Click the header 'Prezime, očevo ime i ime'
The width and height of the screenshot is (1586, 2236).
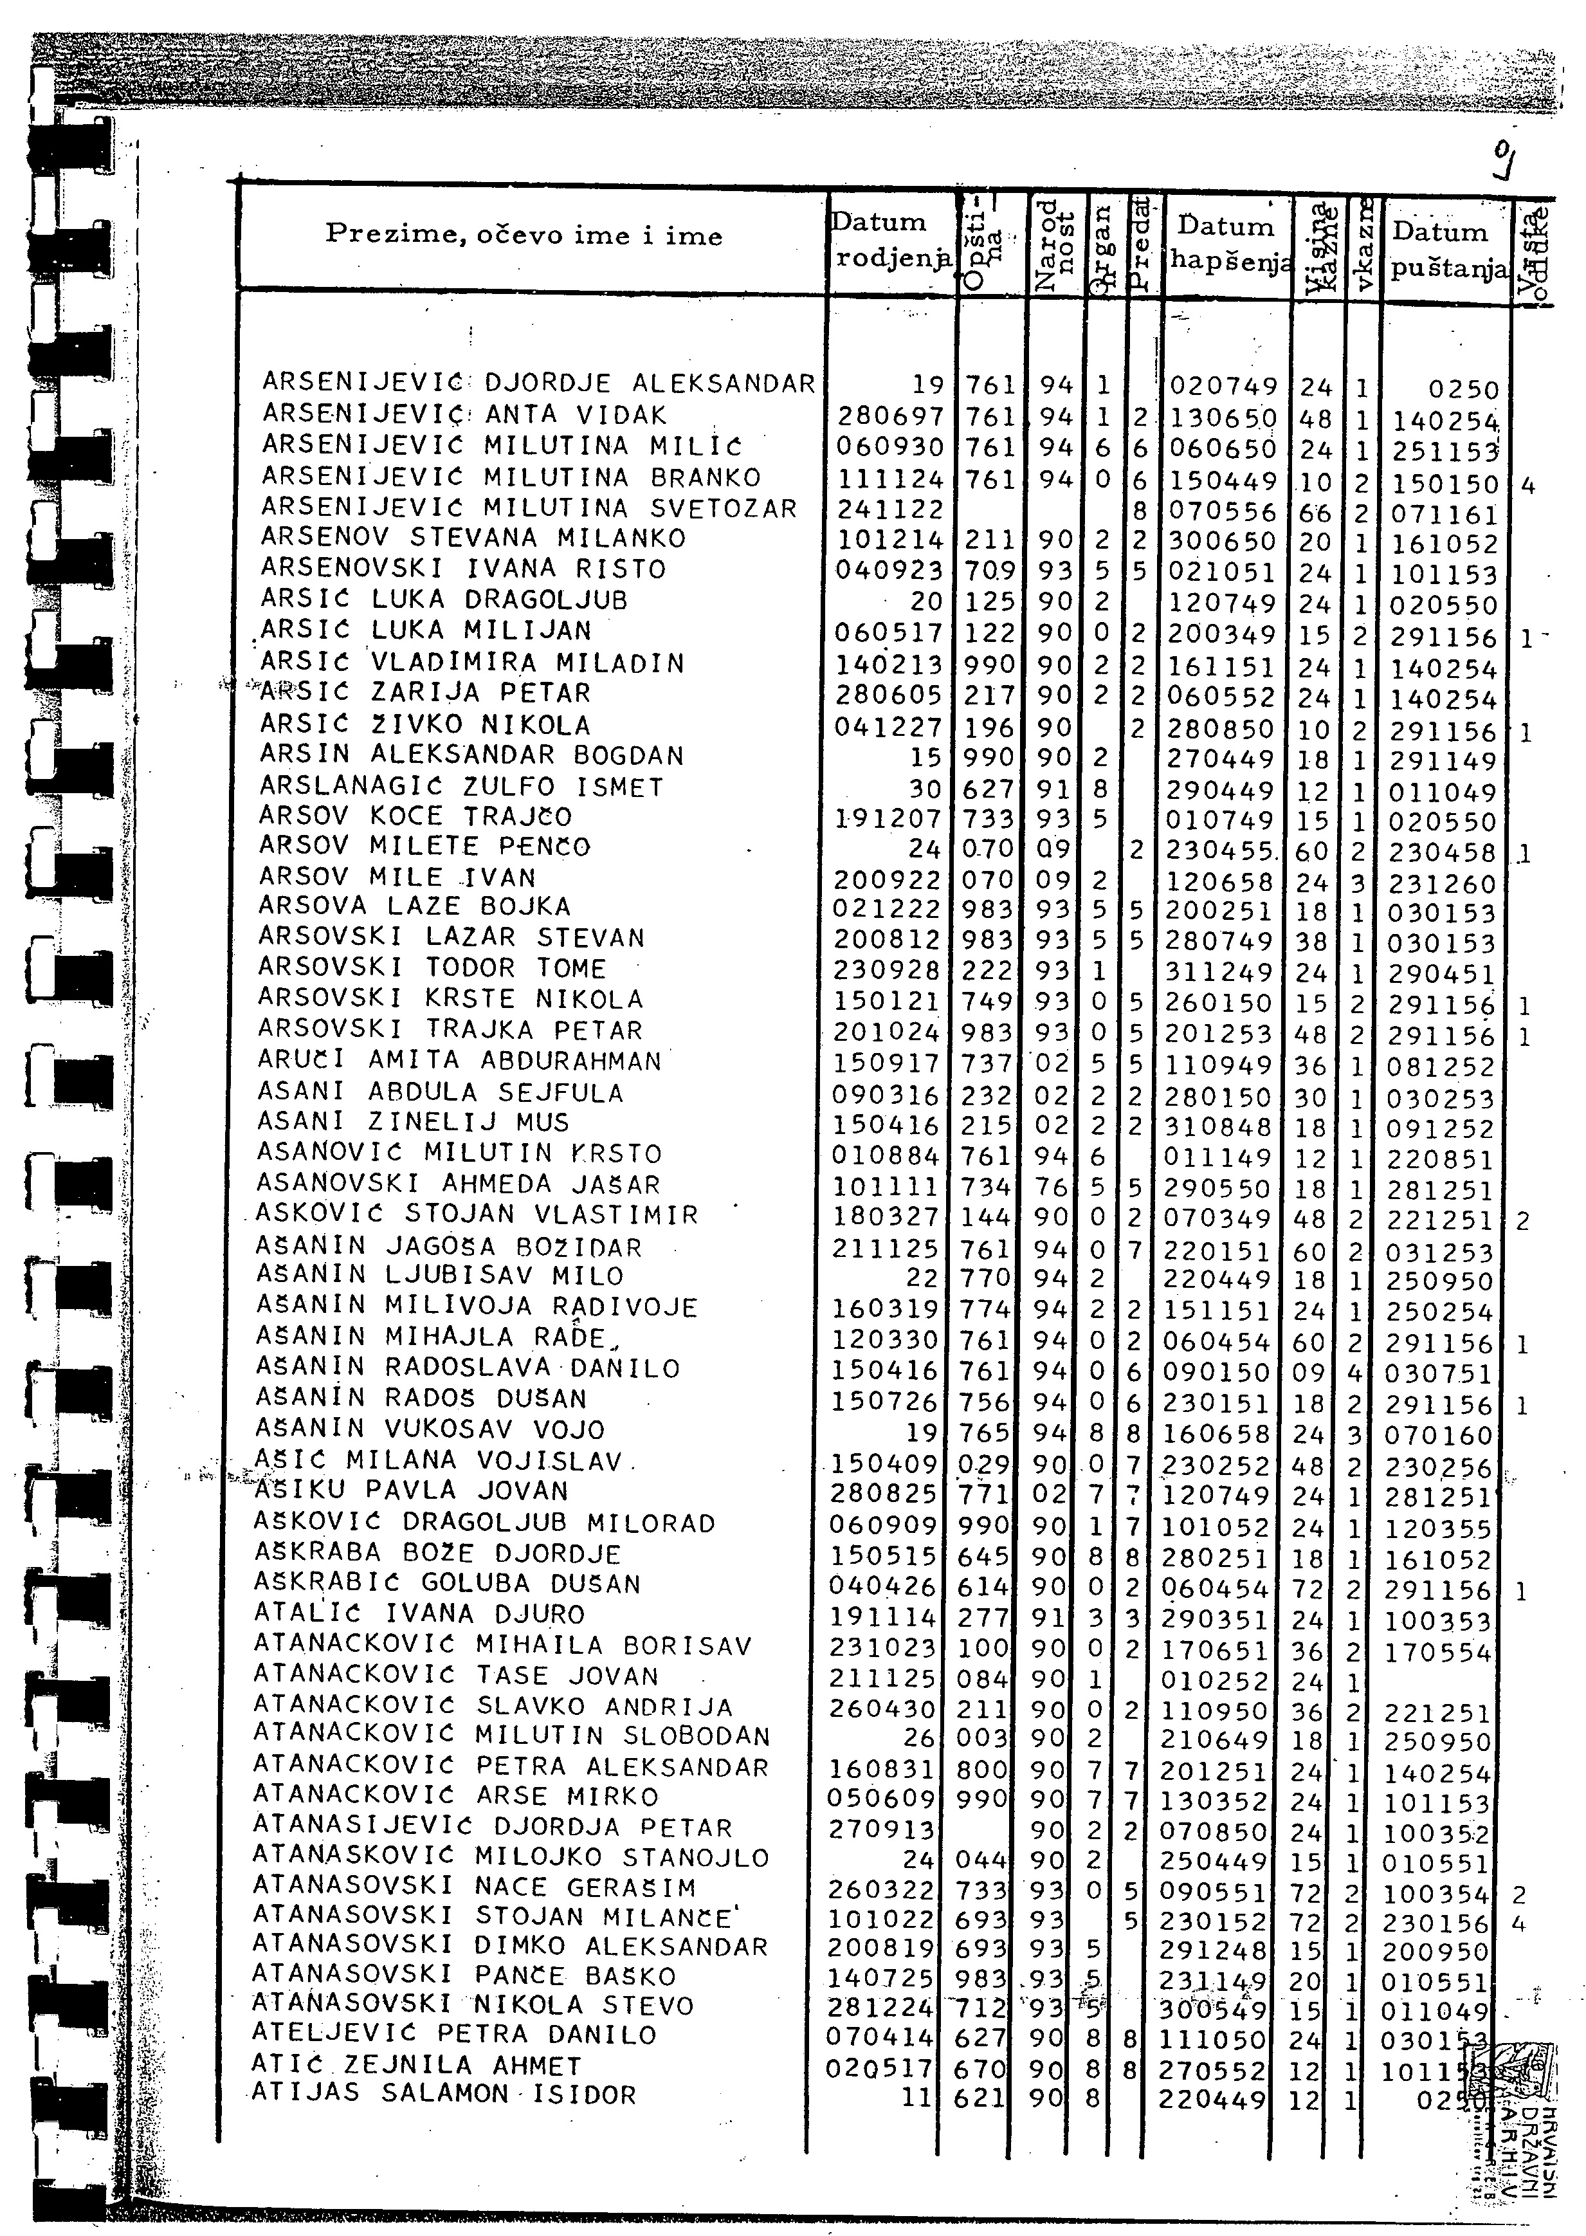coord(524,235)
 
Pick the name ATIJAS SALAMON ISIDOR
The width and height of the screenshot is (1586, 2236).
coord(443,2093)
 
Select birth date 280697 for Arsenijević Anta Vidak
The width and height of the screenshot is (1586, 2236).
coord(889,417)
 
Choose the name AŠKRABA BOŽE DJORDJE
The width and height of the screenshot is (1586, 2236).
coord(437,1553)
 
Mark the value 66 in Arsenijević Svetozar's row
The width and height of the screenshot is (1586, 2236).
coord(1315,513)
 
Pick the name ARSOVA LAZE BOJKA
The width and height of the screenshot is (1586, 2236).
coord(414,906)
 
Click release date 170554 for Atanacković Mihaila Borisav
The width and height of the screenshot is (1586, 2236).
coord(1437,1652)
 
